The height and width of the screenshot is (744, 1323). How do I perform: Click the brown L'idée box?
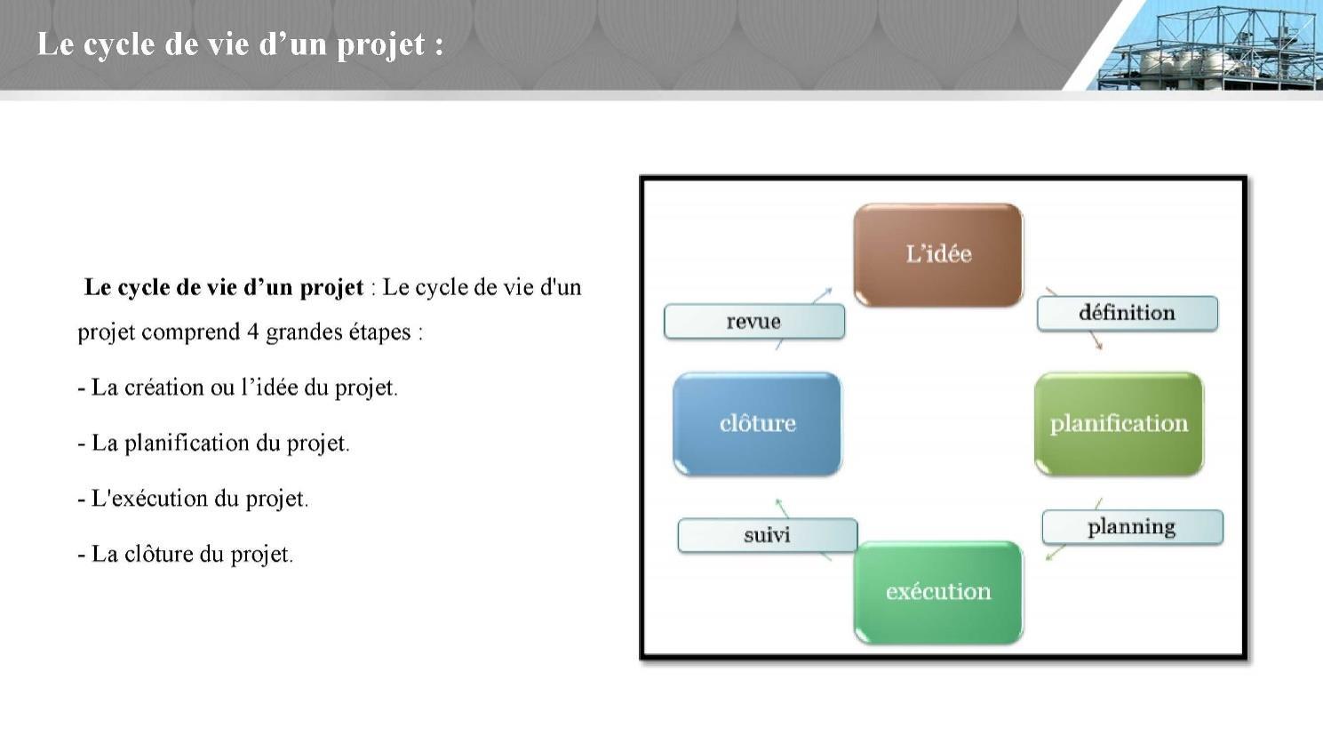(x=938, y=255)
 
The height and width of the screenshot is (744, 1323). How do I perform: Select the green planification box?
(x=1119, y=423)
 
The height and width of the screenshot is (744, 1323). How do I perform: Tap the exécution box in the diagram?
(x=938, y=591)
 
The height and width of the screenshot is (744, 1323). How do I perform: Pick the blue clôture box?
(x=757, y=423)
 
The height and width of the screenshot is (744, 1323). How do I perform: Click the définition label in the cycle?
(x=1128, y=313)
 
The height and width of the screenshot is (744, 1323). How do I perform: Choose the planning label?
(x=1132, y=527)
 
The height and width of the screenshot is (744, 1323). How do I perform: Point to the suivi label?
(x=767, y=535)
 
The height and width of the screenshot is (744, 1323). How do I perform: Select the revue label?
(x=754, y=322)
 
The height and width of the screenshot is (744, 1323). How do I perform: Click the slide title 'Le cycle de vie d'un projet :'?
(x=241, y=44)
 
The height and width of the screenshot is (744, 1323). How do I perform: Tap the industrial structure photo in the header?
(x=1205, y=45)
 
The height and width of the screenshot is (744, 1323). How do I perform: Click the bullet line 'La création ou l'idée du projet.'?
(x=238, y=388)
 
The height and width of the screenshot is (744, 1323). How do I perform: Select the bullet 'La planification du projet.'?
(x=214, y=444)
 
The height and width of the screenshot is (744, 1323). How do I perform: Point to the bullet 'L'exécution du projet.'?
(x=193, y=499)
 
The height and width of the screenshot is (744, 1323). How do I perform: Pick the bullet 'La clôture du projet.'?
(x=186, y=555)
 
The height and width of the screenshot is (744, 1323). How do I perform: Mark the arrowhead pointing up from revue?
(x=828, y=292)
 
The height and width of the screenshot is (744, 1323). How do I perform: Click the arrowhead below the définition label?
(x=1098, y=346)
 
